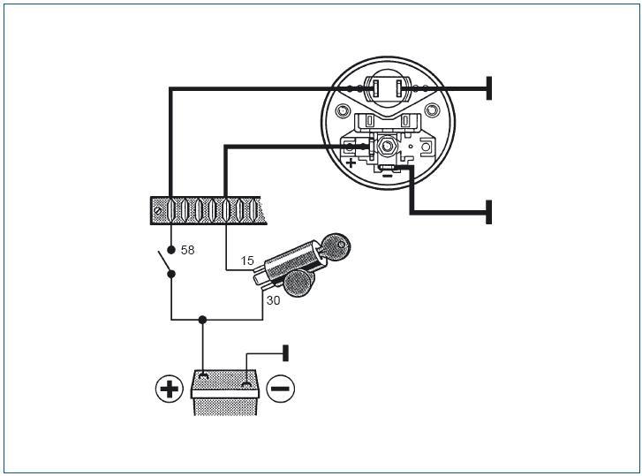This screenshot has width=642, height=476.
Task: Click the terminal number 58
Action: coord(187,250)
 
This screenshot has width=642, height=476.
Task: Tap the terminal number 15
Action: coord(247,261)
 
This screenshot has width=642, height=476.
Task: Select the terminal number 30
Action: coord(273,300)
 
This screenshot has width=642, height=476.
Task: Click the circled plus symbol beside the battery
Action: coord(169,389)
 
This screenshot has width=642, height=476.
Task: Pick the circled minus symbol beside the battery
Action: coord(281,389)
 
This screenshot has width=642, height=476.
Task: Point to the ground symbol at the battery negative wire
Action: coord(285,353)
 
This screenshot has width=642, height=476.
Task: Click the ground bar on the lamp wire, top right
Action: coord(488,88)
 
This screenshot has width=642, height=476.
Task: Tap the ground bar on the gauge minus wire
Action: coord(488,212)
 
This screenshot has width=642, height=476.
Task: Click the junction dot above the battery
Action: coord(202,319)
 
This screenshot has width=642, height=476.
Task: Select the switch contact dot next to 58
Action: coord(171,250)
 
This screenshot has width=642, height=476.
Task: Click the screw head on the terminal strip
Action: coord(158,210)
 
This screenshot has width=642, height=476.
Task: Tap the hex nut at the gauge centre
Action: coord(386,145)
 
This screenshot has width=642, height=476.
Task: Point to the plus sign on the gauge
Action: coord(351,162)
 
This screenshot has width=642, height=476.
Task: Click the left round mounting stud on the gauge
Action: coord(342,110)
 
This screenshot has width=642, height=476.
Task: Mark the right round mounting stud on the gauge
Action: coord(431,110)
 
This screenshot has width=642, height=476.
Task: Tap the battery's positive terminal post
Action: coord(203,374)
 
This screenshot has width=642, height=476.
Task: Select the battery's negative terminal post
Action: coord(246,384)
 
